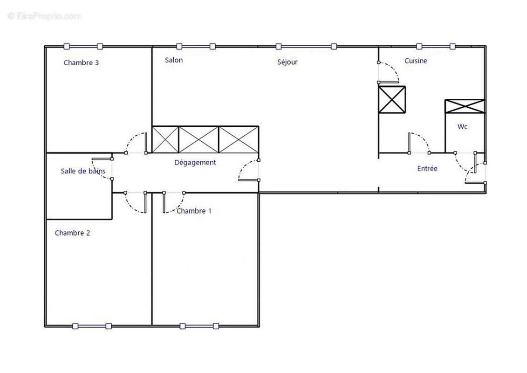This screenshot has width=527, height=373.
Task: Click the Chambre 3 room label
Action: tap(81, 62)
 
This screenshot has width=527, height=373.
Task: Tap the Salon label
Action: tap(174, 60)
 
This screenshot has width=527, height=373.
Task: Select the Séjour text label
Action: tap(287, 62)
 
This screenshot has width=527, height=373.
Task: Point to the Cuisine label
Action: tap(416, 61)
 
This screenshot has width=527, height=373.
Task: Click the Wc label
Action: tap(462, 126)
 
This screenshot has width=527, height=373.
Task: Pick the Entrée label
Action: tap(427, 168)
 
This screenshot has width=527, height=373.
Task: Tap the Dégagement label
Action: tap(195, 162)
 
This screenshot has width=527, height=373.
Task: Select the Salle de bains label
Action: tap(83, 171)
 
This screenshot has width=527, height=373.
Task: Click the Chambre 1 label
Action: tap(194, 211)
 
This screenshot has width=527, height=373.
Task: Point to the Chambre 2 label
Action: tap(72, 233)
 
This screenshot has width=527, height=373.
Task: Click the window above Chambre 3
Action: tap(83, 46)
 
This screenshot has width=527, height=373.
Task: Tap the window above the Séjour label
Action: tap(306, 46)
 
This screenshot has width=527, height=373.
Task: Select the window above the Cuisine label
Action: tap(436, 46)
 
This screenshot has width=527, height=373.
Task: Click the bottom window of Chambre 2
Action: tap(92, 326)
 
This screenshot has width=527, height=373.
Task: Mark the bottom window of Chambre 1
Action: tap(199, 326)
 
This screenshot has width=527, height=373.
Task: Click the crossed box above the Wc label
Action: tap(465, 106)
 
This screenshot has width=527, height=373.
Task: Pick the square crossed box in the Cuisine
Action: tap(392, 99)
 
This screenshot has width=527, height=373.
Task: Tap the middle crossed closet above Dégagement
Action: tap(199, 139)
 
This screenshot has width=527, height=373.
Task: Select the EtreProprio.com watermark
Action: tap(45, 16)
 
